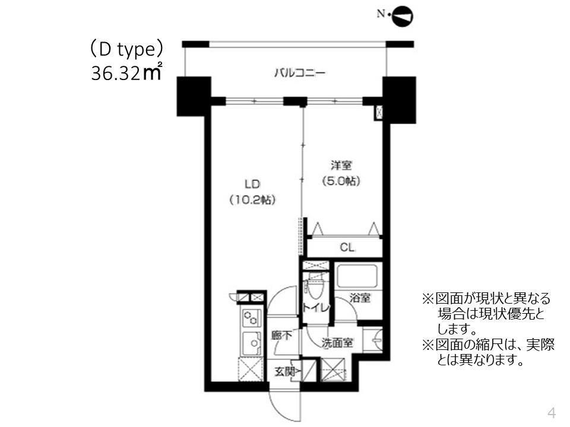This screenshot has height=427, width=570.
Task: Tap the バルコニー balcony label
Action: pos(299,74)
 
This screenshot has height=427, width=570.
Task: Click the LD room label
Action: pos(252,184)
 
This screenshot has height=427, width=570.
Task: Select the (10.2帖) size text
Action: pos(252,200)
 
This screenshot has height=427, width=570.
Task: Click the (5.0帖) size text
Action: pos(340,181)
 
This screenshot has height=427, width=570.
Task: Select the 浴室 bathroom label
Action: pos(359,298)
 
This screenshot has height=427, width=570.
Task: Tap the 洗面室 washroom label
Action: pos(338,343)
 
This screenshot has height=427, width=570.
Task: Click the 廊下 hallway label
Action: pos(281,336)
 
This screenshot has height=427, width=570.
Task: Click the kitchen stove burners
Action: pos(251,319)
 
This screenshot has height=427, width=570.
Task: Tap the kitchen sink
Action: pos(251,343)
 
